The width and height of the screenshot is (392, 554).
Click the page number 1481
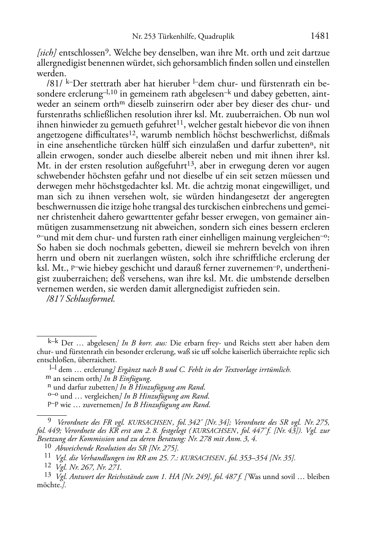[320, 36]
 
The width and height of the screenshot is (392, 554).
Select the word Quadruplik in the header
[216, 37]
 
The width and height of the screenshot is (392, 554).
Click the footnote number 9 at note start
[50, 421]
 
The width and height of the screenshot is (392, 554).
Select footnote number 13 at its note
[48, 476]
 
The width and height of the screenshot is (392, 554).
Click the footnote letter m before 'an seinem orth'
[48, 378]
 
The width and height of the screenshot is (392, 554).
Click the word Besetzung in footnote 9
[51, 439]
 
